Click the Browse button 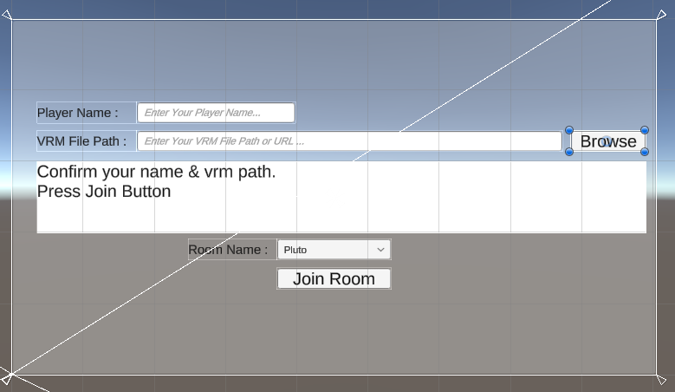pyautogui.click(x=607, y=141)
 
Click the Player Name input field pyautogui.click(x=216, y=113)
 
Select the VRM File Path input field pyautogui.click(x=349, y=140)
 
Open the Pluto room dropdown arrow pyautogui.click(x=380, y=250)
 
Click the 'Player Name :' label pyautogui.click(x=77, y=113)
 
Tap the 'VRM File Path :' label pyautogui.click(x=81, y=141)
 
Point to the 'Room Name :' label pyautogui.click(x=228, y=250)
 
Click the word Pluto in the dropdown pyautogui.click(x=295, y=250)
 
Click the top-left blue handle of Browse pyautogui.click(x=569, y=130)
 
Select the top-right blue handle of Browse pyautogui.click(x=645, y=130)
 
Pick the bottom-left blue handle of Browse pyautogui.click(x=569, y=152)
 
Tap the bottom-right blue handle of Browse pyautogui.click(x=645, y=152)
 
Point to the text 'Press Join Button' pyautogui.click(x=104, y=192)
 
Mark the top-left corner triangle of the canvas pyautogui.click(x=7, y=15)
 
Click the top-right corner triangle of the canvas pyautogui.click(x=661, y=15)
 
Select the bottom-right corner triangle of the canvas pyautogui.click(x=661, y=380)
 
